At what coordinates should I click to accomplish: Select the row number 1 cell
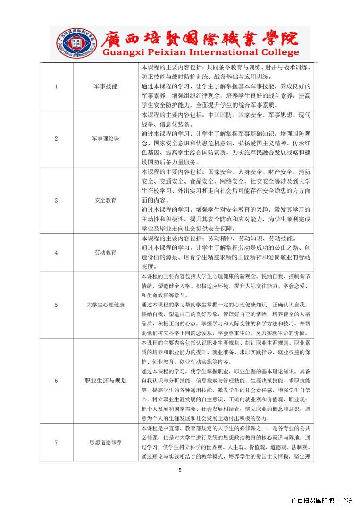(x=56, y=86)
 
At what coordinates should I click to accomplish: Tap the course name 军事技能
(x=106, y=86)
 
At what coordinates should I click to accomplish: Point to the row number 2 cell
(x=56, y=138)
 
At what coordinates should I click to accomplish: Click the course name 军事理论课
(x=106, y=138)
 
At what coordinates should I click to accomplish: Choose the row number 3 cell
(x=56, y=200)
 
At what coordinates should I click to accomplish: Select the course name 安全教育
(x=106, y=200)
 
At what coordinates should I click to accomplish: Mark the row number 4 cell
(x=56, y=253)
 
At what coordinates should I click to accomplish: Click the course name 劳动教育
(x=106, y=253)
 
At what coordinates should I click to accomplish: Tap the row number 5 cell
(x=56, y=305)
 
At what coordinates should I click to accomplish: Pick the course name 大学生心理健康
(x=106, y=305)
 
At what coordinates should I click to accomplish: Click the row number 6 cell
(x=56, y=381)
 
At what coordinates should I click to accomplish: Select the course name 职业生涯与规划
(x=106, y=381)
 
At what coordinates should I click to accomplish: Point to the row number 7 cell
(x=56, y=442)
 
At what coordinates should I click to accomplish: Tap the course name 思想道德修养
(x=106, y=442)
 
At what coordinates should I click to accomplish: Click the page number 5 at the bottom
(x=180, y=470)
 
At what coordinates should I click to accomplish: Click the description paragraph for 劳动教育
(x=226, y=253)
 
